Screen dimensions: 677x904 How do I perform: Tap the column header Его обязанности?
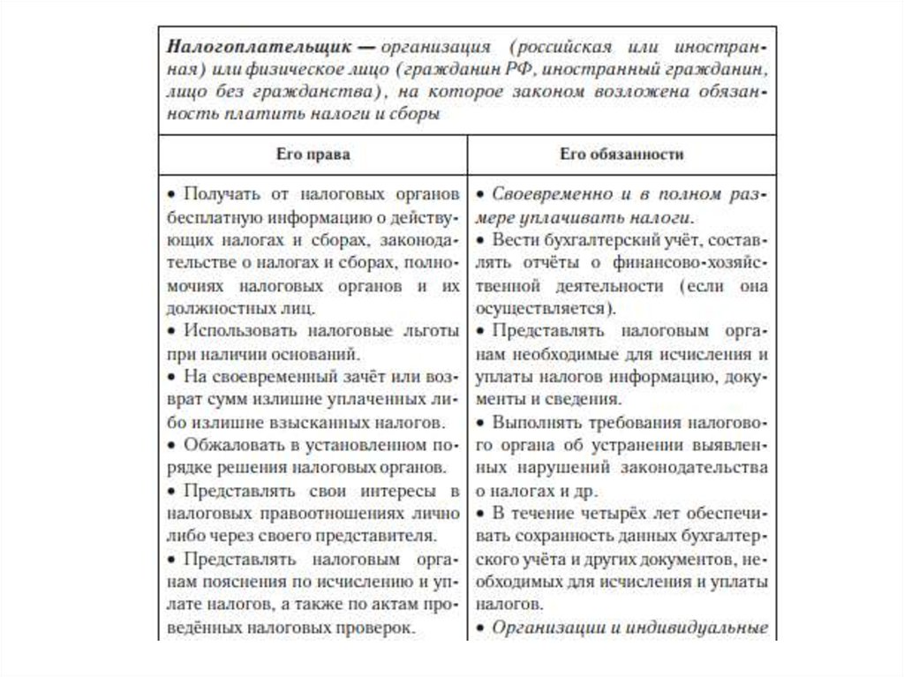click(x=621, y=154)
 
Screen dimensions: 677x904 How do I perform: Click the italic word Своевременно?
click(x=546, y=192)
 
